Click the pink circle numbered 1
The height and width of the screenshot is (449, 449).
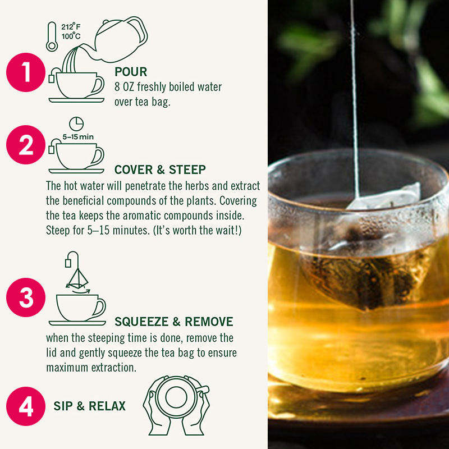[x=26, y=72]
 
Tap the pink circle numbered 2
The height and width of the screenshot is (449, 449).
[x=26, y=145]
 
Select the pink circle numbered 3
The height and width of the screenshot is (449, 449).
[x=26, y=297]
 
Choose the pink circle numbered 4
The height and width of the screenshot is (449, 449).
[x=26, y=406]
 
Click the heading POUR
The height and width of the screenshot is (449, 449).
[x=131, y=72]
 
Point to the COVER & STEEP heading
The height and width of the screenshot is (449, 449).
[x=160, y=169]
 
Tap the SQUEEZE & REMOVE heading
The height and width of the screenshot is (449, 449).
[x=174, y=322]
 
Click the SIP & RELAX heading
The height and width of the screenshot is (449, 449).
[x=90, y=406]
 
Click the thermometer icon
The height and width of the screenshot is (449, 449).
[x=52, y=36]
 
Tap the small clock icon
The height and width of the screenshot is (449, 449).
[x=76, y=124]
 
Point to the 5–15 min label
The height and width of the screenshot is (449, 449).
[x=78, y=137]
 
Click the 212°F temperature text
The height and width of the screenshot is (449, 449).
[x=71, y=26]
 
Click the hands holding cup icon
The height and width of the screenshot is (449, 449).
[x=176, y=405]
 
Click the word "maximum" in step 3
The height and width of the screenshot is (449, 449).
[x=67, y=368]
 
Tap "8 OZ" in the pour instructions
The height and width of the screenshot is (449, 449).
[x=124, y=87]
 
